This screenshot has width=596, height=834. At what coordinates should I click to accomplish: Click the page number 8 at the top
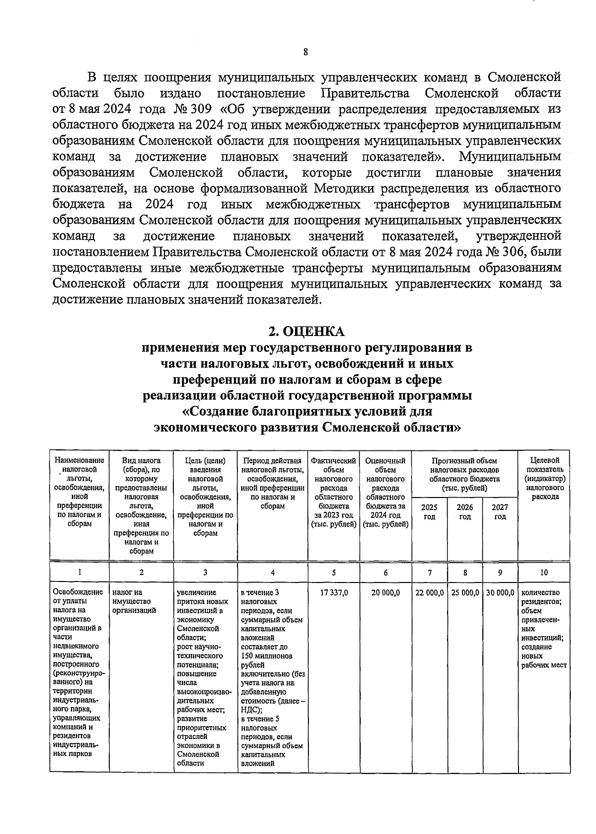pos(305,52)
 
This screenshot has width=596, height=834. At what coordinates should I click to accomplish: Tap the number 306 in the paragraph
pos(512,252)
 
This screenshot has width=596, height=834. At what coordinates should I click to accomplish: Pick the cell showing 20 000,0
pos(386,593)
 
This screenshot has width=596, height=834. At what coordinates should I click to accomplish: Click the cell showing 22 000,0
pos(430,593)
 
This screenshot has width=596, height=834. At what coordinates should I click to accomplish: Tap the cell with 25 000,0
pos(465,593)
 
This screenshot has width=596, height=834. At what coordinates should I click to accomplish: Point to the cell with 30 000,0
pos(500,593)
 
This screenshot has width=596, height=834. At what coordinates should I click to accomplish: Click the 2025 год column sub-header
pos(430,512)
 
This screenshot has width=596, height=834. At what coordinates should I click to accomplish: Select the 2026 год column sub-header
pos(465,512)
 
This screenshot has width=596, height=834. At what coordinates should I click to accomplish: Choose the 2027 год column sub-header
pos(500,512)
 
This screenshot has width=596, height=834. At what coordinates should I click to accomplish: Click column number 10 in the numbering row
pos(544,573)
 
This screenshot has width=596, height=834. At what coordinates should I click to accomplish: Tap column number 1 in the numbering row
pos(79,573)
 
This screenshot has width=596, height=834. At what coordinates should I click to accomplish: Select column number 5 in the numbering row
pos(334,573)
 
